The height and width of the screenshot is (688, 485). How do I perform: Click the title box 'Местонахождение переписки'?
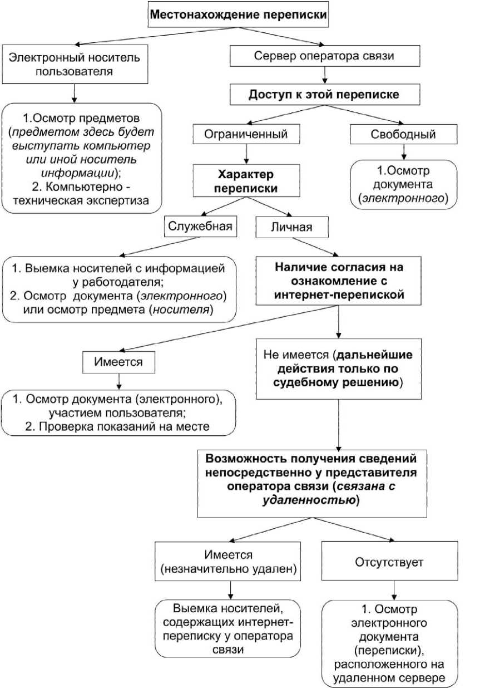click(239, 16)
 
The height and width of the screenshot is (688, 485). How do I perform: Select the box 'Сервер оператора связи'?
click(325, 56)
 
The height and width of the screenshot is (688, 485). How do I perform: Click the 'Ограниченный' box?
click(247, 134)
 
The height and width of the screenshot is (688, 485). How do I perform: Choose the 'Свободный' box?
click(403, 134)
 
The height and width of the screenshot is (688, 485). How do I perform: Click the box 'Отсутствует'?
click(389, 562)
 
